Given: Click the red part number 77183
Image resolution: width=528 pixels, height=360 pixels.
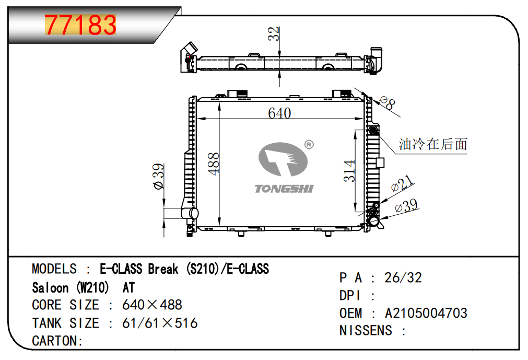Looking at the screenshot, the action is [80, 25].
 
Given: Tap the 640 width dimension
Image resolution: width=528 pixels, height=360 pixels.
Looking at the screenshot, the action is [279, 113].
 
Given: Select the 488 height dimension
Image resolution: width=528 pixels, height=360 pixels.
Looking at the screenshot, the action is [214, 164].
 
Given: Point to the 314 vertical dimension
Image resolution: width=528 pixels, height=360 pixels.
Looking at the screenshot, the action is [349, 171].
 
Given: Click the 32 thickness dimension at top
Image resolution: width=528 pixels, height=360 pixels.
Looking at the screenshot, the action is [274, 33].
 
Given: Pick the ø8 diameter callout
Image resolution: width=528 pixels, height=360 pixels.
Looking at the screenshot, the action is [387, 103].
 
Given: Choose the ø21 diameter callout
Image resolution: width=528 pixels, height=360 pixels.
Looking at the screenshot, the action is [402, 183].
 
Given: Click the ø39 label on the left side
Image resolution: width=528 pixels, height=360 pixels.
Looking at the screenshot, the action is [158, 176].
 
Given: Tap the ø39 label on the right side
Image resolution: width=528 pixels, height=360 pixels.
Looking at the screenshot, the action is [406, 205].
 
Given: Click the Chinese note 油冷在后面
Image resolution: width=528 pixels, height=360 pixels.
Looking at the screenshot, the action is [433, 144].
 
